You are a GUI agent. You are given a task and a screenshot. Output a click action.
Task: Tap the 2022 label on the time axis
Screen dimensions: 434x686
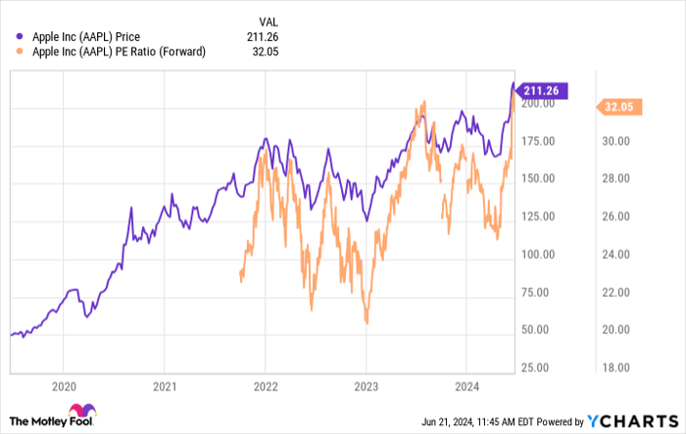[265, 386]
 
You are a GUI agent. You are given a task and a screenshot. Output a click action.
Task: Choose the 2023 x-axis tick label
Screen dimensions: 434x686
[366, 386]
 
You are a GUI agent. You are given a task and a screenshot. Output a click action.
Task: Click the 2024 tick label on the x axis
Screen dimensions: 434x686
[466, 386]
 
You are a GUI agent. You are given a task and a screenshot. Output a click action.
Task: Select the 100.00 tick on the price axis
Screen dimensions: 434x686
[538, 254]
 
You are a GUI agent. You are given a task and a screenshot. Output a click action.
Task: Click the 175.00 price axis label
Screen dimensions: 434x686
[538, 141]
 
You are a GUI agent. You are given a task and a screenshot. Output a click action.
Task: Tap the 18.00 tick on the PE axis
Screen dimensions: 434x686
[620, 366]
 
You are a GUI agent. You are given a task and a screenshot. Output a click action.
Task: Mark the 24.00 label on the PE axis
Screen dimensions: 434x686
[620, 254]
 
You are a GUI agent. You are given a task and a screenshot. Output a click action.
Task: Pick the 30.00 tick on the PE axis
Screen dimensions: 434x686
[620, 141]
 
